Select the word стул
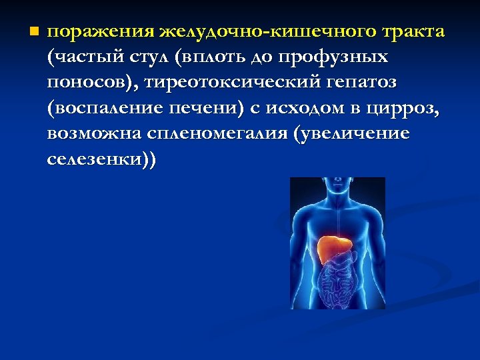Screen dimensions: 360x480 click(x=150, y=58)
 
